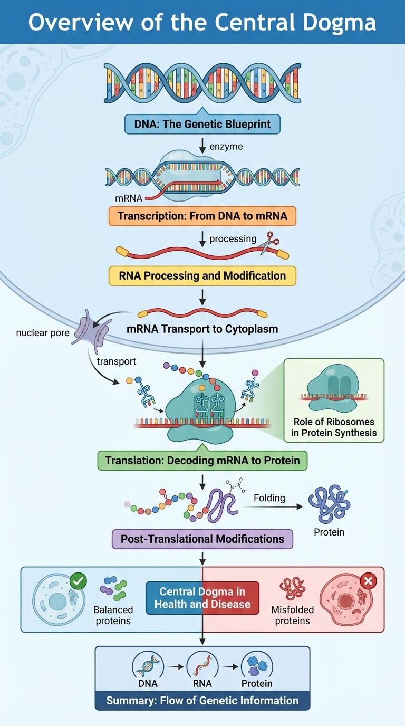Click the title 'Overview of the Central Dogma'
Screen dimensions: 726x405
click(x=202, y=22)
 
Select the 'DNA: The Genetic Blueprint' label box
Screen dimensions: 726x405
click(x=202, y=125)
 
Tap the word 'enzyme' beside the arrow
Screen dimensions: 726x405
click(x=226, y=146)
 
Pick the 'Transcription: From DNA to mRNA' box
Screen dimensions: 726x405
click(x=202, y=216)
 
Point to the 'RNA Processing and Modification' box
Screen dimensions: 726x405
click(x=202, y=275)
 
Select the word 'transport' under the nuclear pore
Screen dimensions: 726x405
click(x=117, y=361)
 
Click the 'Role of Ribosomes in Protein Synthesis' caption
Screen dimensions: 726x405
click(x=334, y=427)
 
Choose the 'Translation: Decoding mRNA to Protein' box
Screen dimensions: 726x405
click(x=202, y=460)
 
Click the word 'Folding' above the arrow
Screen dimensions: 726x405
click(x=269, y=498)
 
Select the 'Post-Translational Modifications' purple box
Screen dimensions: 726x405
click(x=202, y=539)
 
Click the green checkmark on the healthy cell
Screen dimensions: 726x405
click(x=78, y=581)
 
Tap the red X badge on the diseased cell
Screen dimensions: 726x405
click(x=368, y=581)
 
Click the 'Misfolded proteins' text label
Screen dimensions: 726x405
click(x=292, y=615)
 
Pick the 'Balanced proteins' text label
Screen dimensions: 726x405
click(x=113, y=615)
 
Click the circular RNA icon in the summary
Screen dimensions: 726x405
click(x=202, y=664)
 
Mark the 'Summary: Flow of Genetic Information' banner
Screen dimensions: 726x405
click(x=202, y=701)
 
